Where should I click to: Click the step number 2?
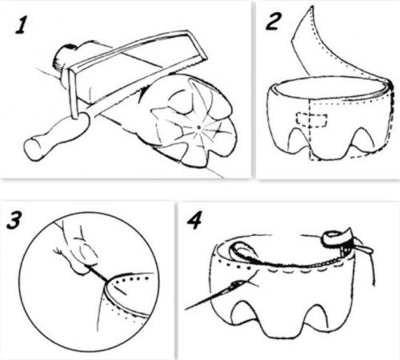tap(273, 22)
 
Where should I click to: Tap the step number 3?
tap(14, 220)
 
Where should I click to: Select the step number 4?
tap(194, 221)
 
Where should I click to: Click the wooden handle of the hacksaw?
tap(56, 137)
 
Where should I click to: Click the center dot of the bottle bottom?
tap(198, 127)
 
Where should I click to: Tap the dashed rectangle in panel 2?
tap(311, 119)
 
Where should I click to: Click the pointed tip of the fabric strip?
tap(310, 6)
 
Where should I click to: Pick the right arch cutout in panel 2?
tap(362, 139)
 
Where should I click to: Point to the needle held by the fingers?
tap(97, 273)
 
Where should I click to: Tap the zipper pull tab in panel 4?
tap(364, 249)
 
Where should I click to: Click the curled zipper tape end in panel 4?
tap(336, 236)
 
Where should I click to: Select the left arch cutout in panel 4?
tap(243, 313)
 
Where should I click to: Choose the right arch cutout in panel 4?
tap(316, 315)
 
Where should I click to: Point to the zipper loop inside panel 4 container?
tap(242, 251)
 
